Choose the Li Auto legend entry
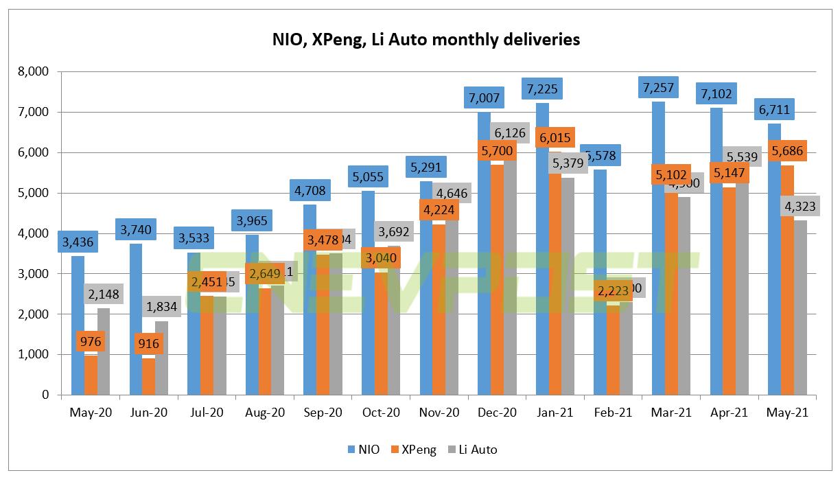(471, 450)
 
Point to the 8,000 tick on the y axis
(34, 71)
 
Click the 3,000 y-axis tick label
(34, 274)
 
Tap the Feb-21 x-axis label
(612, 413)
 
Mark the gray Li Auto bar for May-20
(104, 357)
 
